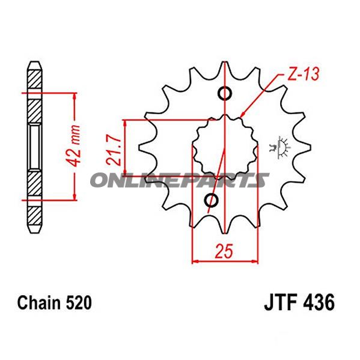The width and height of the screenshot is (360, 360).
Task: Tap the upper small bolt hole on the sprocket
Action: tap(224, 94)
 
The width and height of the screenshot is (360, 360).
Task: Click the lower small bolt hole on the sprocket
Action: tap(211, 199)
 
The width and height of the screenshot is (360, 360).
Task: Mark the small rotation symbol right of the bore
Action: tap(278, 146)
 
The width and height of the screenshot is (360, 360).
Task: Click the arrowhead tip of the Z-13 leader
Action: tap(241, 116)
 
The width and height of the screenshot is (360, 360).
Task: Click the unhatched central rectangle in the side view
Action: tap(35, 145)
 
